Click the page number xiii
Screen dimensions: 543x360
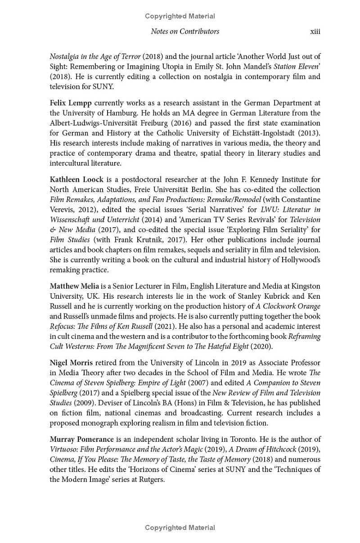tap(315, 31)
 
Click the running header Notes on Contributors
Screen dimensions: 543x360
tap(185, 31)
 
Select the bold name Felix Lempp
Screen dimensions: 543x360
tap(71, 103)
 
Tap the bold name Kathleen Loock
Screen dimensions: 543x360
tap(76, 180)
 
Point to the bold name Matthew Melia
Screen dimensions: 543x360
tap(74, 286)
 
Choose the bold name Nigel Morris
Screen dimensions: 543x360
tap(71, 363)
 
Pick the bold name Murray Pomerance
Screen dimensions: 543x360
tap(81, 439)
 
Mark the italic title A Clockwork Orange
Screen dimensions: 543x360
tap(288, 306)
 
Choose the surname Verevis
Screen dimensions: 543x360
tap(63, 210)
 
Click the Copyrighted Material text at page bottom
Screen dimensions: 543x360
tap(180, 528)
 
